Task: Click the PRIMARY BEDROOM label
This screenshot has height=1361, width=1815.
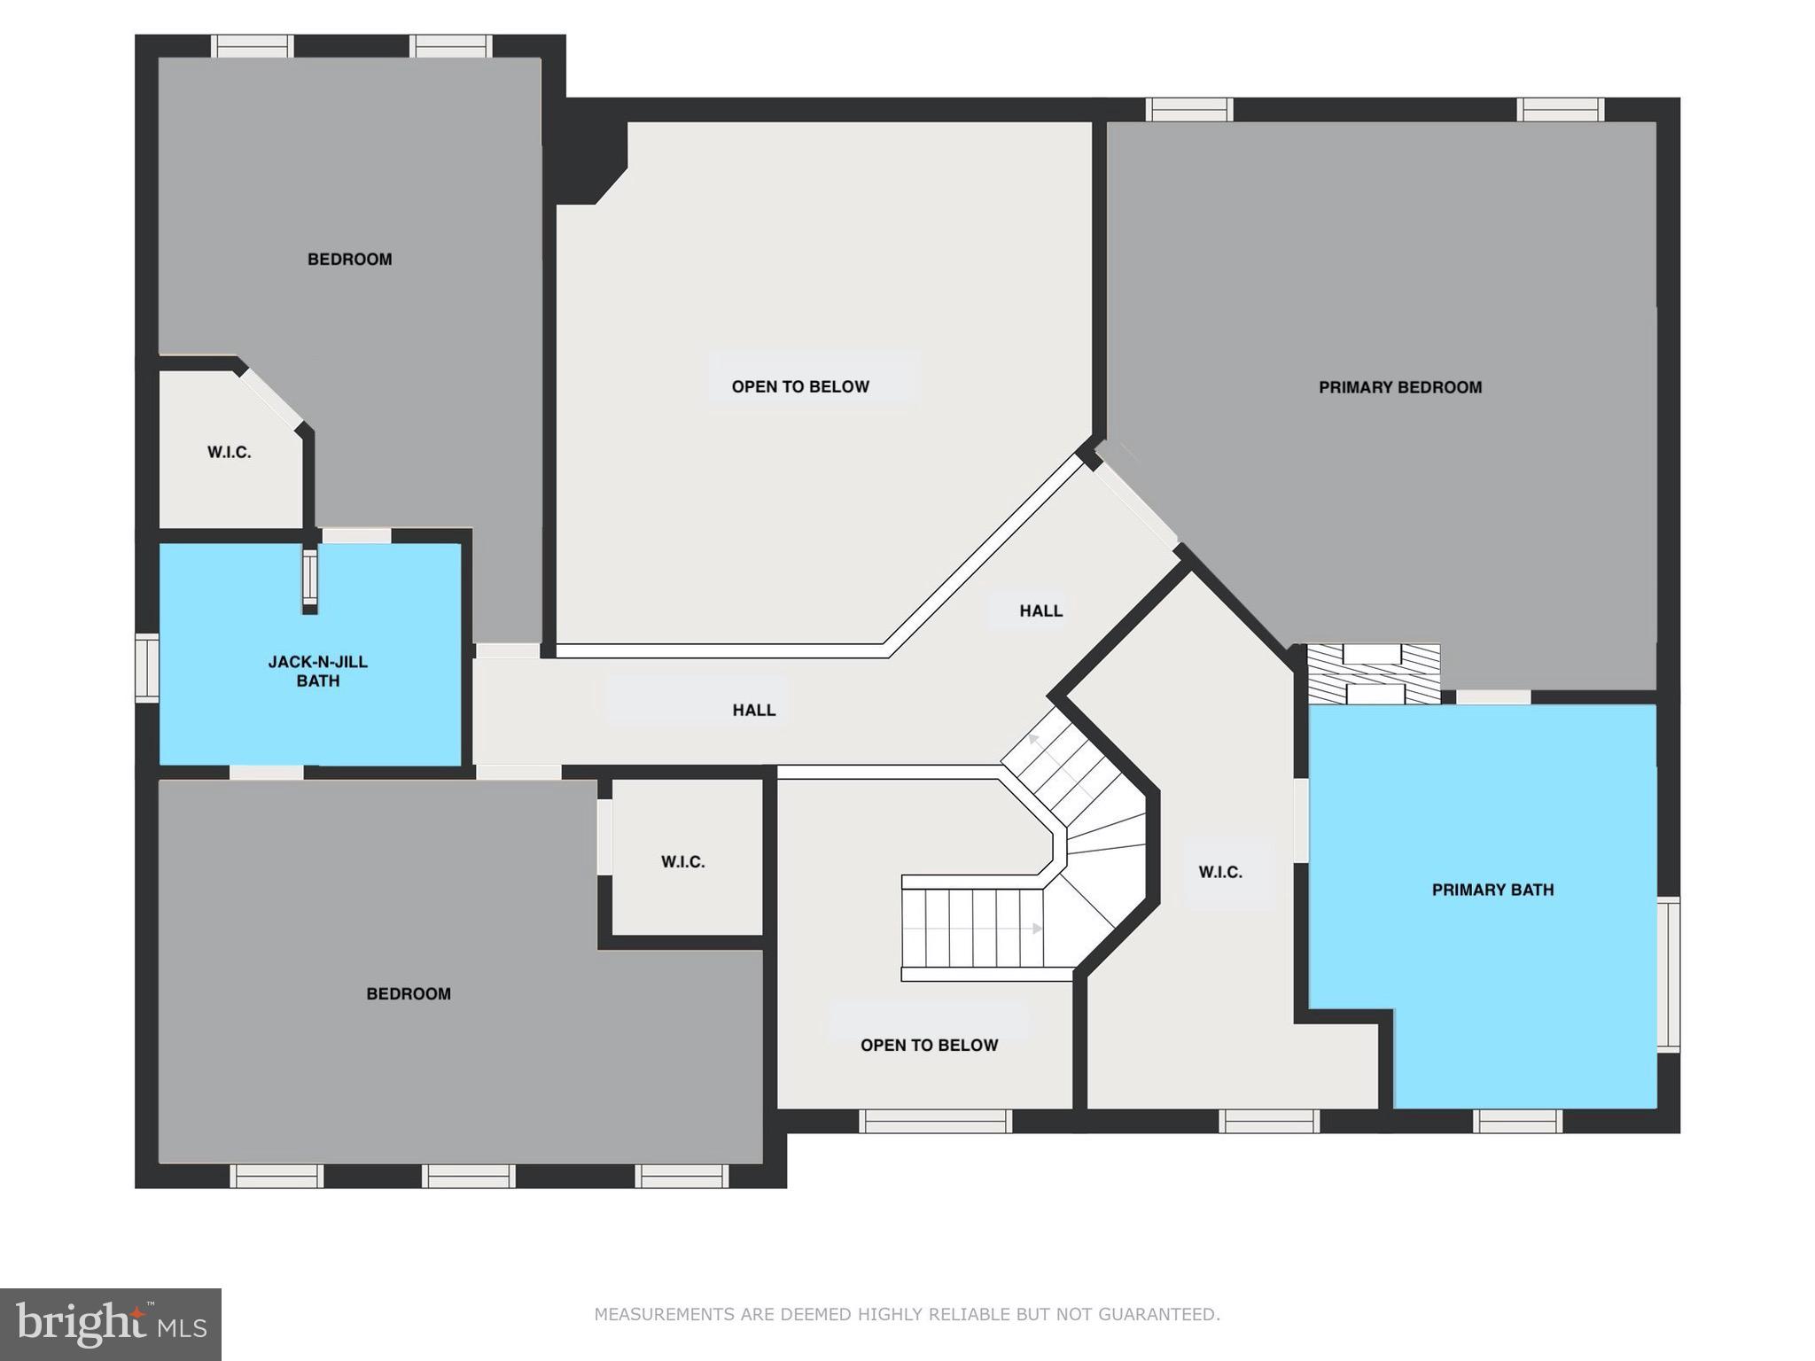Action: [1399, 387]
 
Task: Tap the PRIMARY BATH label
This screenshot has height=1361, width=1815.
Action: [1492, 890]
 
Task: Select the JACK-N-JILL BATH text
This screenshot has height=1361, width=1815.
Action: [317, 671]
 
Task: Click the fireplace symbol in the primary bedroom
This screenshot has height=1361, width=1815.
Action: [1374, 674]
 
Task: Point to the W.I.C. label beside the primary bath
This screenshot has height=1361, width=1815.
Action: [1220, 872]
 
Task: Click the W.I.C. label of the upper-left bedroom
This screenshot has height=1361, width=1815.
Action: [229, 452]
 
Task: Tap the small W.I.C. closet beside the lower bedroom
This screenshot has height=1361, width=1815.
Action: [682, 861]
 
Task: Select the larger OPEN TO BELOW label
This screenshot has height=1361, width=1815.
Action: [799, 386]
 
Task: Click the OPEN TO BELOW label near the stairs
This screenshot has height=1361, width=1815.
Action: [929, 1045]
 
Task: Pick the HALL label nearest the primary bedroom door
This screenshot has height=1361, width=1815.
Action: [1040, 611]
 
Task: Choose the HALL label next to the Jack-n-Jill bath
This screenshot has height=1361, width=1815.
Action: [753, 710]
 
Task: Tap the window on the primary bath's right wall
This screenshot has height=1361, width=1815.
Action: [1668, 974]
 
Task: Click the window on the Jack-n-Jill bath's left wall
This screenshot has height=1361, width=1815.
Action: [146, 668]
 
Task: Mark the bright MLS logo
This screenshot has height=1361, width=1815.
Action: [111, 1324]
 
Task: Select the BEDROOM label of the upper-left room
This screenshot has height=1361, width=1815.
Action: [349, 259]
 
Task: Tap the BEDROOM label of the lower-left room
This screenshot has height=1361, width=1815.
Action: [409, 993]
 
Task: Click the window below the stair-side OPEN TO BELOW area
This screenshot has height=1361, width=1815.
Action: [936, 1121]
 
